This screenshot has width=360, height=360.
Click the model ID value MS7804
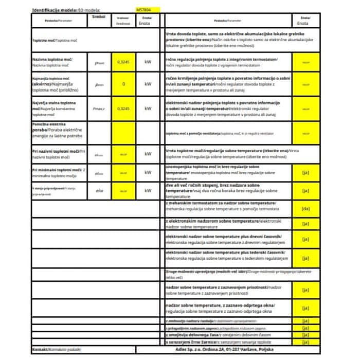tap(143, 10)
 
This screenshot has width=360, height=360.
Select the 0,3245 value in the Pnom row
tap(122, 62)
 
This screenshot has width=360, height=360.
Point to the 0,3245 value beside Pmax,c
tap(122, 109)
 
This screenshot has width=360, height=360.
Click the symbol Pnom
tap(99, 62)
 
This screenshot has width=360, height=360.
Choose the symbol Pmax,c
tap(99, 109)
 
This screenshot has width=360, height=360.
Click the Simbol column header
tap(99, 17)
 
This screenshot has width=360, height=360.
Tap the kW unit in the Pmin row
tap(148, 84)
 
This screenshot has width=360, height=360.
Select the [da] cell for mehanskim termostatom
tap(305, 209)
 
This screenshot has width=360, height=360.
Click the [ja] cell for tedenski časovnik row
tap(305, 258)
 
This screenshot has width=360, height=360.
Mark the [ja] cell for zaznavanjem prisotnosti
tap(305, 289)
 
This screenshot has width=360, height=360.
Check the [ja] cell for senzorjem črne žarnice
tap(305, 341)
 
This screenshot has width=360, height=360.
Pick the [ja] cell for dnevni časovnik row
tap(305, 239)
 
